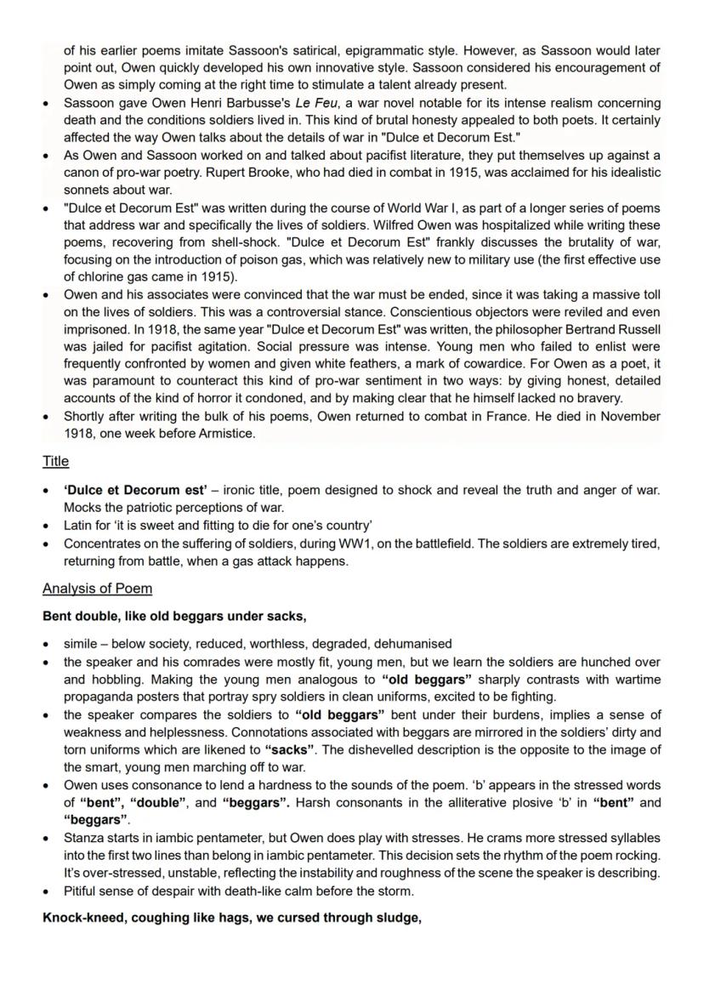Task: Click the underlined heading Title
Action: pyautogui.click(x=55, y=461)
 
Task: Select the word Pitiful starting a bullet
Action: pyautogui.click(x=83, y=891)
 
